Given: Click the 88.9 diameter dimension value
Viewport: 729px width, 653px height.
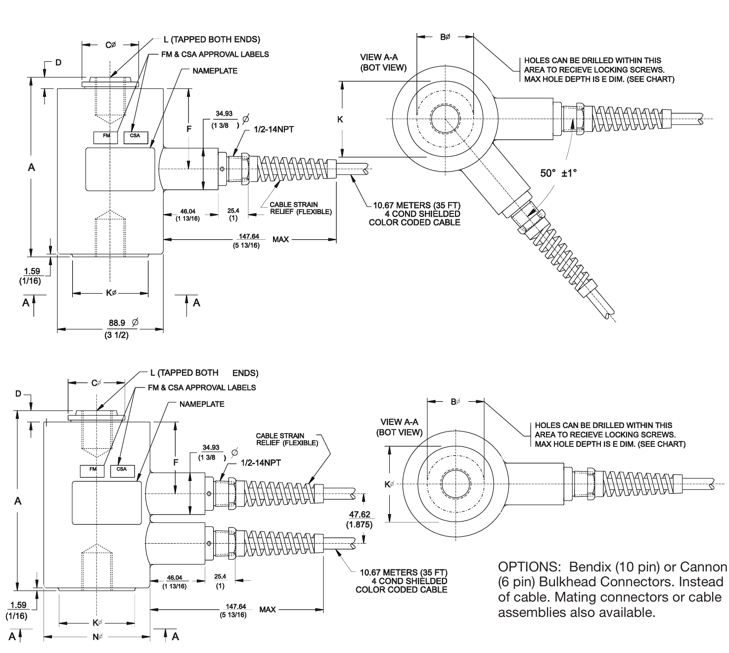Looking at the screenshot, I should click(117, 323).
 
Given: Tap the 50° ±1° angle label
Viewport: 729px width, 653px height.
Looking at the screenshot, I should click(558, 173).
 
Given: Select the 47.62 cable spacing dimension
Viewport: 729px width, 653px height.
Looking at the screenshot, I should click(360, 515).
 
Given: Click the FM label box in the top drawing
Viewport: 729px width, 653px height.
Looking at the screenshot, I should click(105, 135).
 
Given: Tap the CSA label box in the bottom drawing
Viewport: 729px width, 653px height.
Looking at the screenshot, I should click(122, 469).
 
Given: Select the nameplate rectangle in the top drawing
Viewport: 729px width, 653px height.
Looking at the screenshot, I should click(121, 169).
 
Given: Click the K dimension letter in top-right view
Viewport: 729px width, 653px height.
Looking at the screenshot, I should click(340, 119).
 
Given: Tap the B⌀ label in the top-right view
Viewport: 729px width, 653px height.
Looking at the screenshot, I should click(445, 37).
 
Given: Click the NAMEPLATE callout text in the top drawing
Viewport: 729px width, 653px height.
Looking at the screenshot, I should click(215, 71).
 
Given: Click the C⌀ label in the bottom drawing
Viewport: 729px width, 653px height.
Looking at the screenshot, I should click(96, 383).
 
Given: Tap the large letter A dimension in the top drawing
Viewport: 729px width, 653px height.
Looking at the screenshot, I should click(31, 168).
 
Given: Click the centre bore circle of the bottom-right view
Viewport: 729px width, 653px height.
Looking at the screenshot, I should click(456, 483).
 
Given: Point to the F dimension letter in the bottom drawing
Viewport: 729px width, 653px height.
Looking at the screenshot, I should click(176, 463).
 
